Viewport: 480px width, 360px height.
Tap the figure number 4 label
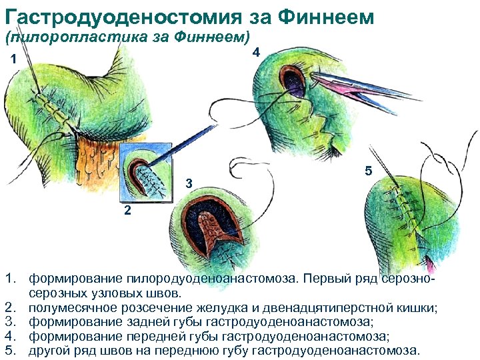[x=257, y=53]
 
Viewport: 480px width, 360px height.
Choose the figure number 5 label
[x=368, y=171]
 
